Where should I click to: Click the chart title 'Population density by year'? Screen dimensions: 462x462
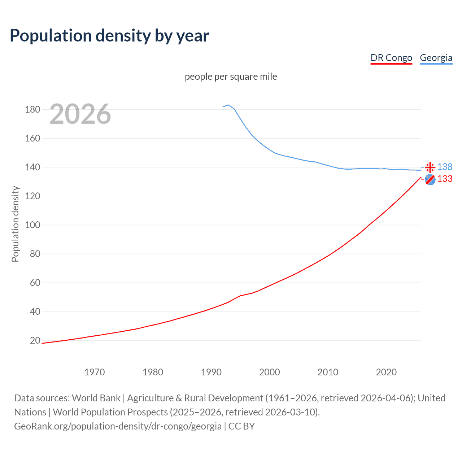[x=109, y=36]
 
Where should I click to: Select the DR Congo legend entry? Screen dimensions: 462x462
[x=391, y=58]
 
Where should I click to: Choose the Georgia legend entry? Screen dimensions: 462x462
[x=436, y=58]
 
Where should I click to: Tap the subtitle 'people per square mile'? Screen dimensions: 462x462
[x=231, y=77]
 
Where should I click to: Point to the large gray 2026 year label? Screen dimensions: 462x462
[x=80, y=114]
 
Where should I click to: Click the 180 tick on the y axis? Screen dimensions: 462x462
[x=32, y=109]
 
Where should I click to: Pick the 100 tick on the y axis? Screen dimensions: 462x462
[x=32, y=225]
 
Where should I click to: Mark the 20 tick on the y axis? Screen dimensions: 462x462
[x=35, y=340]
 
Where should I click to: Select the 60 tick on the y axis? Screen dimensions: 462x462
[x=35, y=283]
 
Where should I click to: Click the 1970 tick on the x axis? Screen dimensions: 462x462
[x=95, y=372]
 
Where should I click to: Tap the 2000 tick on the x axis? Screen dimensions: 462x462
[x=270, y=372]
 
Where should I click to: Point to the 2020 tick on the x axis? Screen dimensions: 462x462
[x=386, y=372]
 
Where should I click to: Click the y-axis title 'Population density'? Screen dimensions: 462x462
[x=15, y=224]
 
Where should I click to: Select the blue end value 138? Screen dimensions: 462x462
[x=445, y=167]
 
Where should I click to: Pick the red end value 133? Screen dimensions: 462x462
[x=445, y=179]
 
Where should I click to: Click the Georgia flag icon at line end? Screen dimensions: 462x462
[x=430, y=167]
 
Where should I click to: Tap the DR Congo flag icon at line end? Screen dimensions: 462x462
[x=430, y=179]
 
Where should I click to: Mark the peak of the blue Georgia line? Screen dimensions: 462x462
[x=228, y=105]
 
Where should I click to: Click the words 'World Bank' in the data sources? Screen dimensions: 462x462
[x=96, y=398]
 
